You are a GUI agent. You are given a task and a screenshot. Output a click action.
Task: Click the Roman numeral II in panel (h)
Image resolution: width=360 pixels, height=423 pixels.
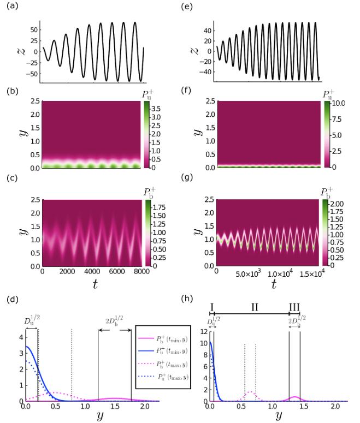[254, 306]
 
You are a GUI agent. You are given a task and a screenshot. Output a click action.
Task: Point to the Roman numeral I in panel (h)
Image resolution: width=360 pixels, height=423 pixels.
[211, 306]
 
